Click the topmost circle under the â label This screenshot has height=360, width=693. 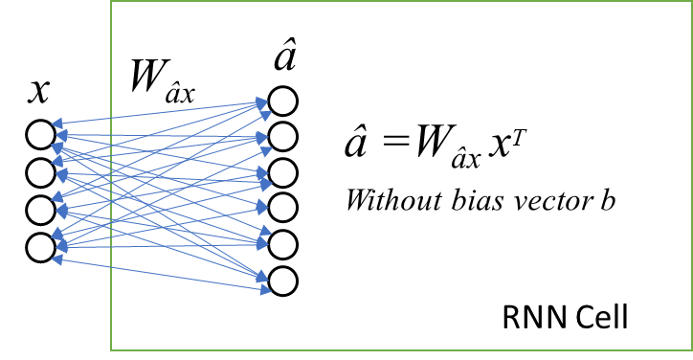[x=283, y=101]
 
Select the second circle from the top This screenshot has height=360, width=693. [x=283, y=137]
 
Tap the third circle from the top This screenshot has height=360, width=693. [x=283, y=172]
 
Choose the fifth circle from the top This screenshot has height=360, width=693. [x=283, y=244]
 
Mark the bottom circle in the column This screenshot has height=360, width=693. [x=283, y=281]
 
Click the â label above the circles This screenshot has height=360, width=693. [x=284, y=57]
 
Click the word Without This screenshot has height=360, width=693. [x=389, y=201]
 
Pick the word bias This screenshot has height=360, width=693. [x=469, y=201]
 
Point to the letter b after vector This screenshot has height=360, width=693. [x=606, y=201]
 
